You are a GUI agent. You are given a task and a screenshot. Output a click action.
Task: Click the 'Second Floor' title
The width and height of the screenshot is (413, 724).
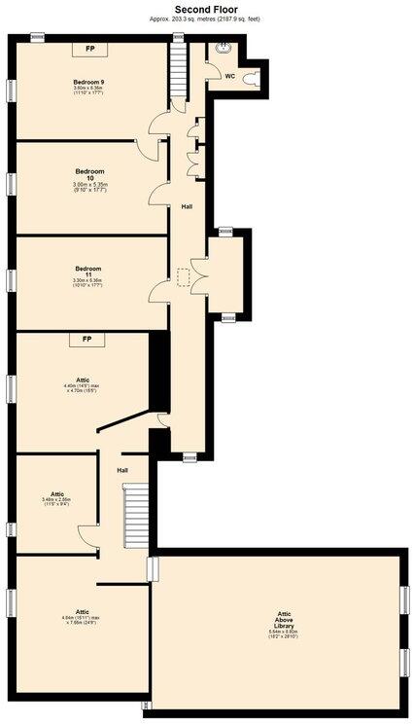point(205,8)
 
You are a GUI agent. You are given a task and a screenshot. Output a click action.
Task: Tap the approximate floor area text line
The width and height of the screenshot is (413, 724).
point(205,18)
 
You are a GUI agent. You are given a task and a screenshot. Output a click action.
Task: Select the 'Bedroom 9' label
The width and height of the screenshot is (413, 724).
point(88,81)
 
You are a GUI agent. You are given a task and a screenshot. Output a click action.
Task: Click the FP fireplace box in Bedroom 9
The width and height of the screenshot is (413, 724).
point(90,48)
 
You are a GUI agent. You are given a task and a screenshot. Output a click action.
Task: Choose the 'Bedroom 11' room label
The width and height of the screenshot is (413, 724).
point(88,272)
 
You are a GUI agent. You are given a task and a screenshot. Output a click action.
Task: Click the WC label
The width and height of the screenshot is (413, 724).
point(229,75)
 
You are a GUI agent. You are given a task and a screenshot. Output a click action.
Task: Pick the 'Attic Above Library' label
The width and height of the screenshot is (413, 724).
point(283,620)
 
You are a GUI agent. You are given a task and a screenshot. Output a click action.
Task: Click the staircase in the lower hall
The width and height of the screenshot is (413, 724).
point(134,516)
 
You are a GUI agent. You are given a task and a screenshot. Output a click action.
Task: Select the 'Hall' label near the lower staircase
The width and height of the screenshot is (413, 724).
point(122,470)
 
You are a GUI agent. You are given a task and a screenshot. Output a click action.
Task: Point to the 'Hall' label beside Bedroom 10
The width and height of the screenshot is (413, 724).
point(186,207)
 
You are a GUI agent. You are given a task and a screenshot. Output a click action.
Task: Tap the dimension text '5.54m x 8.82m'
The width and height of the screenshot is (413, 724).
point(283,632)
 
